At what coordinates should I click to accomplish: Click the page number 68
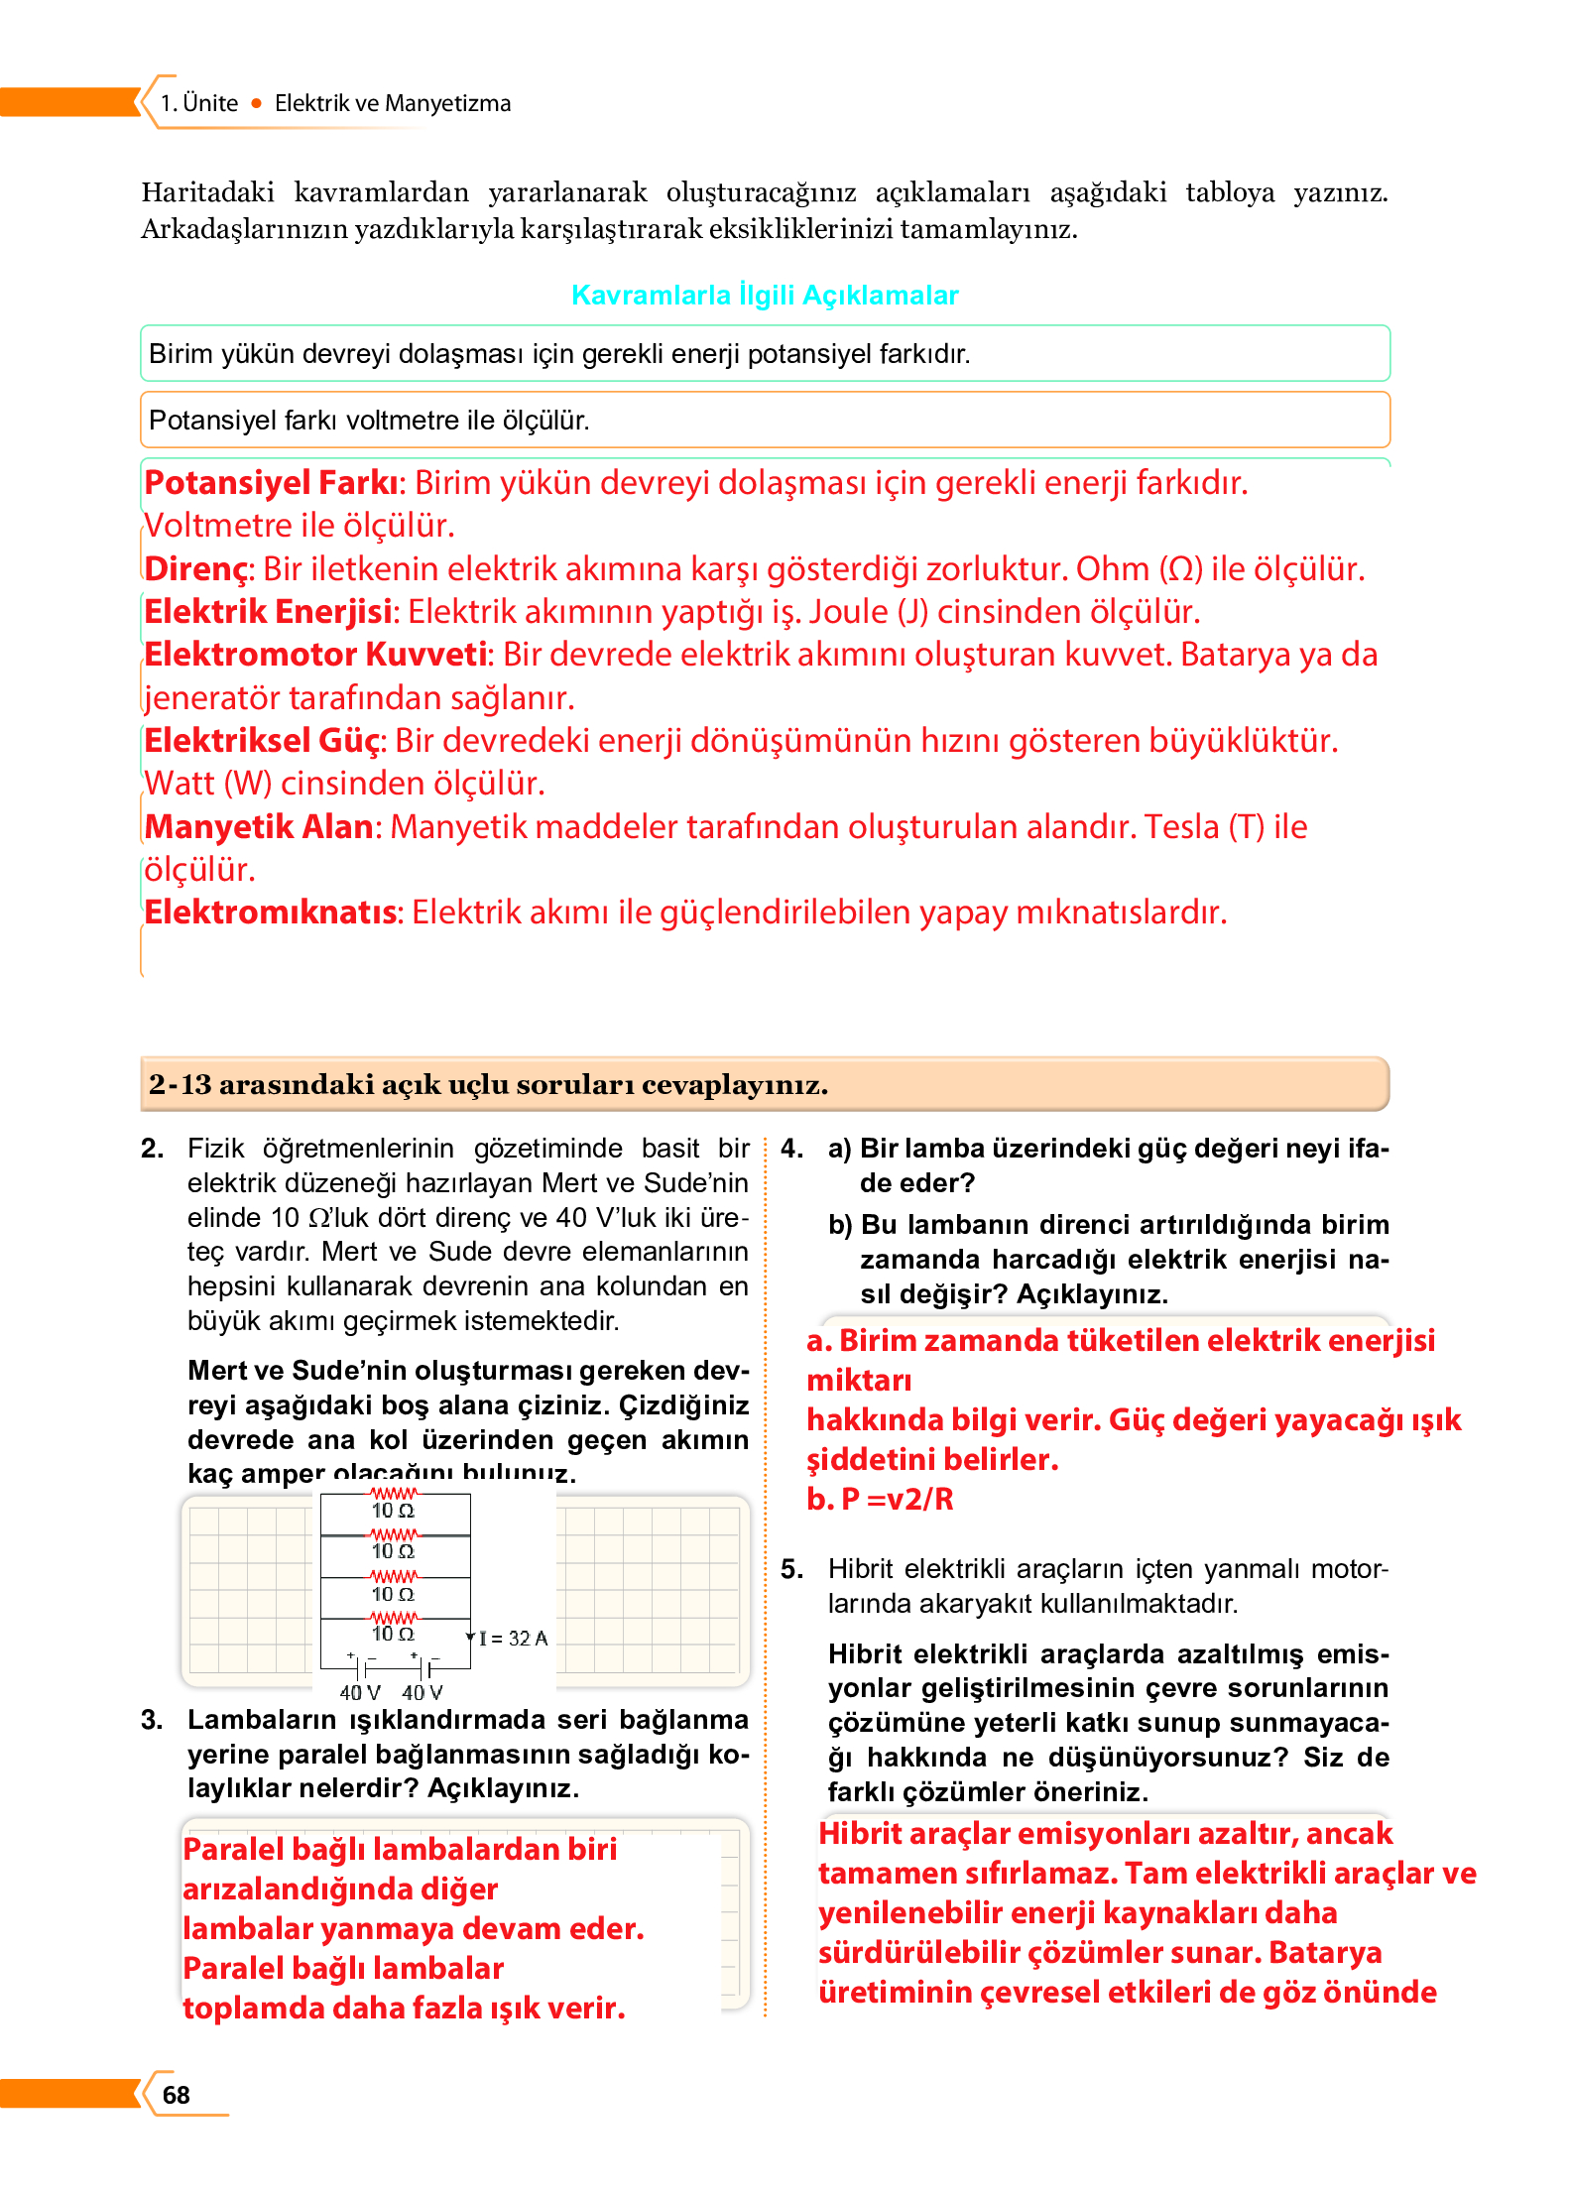pos(176,2094)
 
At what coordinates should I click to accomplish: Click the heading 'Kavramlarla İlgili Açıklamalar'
pos(765,295)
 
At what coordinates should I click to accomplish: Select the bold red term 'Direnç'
pos(198,568)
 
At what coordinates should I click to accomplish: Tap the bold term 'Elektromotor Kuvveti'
pos(316,655)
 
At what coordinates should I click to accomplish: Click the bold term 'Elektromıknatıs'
pos(271,912)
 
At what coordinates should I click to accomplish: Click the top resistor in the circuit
pos(394,1492)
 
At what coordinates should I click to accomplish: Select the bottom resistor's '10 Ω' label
pos(393,1633)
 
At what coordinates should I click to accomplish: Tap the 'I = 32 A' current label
pos(513,1638)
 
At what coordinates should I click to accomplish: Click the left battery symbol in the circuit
pos(361,1667)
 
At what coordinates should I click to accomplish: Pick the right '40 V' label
pos(422,1692)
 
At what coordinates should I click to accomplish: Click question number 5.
pos(791,1569)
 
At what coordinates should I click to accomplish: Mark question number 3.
pos(152,1719)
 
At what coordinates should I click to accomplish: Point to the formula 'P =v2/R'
pos(897,1499)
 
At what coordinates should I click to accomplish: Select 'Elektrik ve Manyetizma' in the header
pos(392,103)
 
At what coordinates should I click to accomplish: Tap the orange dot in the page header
pos(256,103)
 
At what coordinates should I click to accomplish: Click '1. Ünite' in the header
pos(199,103)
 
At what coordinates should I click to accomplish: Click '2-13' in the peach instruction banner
pos(180,1084)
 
